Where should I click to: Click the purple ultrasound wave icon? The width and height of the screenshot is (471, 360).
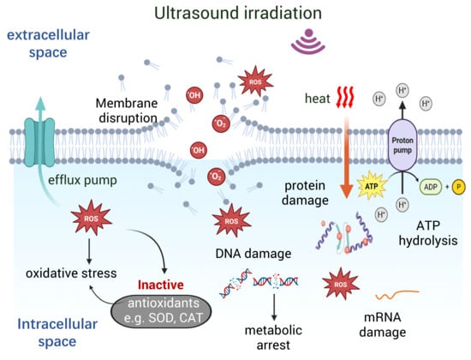pos(308,41)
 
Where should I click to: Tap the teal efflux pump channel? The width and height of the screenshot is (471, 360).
pos(39,142)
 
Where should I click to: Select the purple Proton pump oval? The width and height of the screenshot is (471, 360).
pos(402,145)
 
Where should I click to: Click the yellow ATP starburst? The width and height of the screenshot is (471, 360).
pos(372,186)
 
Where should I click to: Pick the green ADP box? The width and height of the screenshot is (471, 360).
pos(431,187)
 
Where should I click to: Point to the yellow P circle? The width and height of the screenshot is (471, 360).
pos(458,187)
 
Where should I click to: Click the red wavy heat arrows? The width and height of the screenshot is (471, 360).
pos(345,97)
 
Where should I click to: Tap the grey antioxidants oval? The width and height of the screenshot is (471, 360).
pos(161,311)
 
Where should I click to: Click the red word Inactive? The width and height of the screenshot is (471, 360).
pos(161,285)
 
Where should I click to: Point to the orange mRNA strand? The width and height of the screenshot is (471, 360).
pos(396,295)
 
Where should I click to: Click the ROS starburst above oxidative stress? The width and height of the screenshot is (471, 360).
pos(92,218)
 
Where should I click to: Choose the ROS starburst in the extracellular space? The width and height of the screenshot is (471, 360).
pos(255,81)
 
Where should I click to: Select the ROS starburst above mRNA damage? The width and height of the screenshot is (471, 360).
pos(340,284)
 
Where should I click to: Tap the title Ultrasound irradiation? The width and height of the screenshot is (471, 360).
pos(238,13)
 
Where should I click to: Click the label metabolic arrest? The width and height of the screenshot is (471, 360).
pos(273,338)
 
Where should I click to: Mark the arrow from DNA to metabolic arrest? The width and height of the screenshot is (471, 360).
pos(274,307)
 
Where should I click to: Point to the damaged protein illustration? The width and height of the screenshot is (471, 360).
pos(344,233)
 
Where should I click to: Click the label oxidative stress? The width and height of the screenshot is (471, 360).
pos(71,273)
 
